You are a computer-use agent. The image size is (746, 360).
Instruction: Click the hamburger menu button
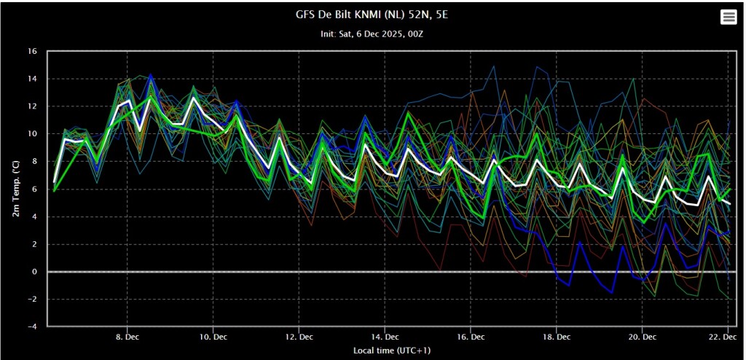pos(729,17)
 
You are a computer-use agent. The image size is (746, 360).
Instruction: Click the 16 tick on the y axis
pos(32,51)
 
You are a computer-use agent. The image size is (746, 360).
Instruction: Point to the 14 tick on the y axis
pos(32,79)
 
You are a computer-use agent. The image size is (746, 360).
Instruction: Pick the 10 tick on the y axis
pos(32,134)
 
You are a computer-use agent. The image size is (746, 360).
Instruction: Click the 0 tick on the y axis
pos(34,272)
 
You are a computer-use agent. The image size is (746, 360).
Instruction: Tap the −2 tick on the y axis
pos(32,300)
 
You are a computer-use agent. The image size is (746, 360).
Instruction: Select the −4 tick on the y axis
pos(32,327)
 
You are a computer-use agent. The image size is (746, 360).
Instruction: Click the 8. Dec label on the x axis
pos(127,337)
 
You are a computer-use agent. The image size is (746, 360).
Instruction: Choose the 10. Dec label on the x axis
pos(212,337)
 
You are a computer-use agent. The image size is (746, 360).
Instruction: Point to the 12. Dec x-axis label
pos(299,337)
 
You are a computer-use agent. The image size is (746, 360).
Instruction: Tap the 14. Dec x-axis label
pos(385,337)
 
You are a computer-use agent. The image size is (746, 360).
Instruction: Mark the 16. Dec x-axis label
pos(471,337)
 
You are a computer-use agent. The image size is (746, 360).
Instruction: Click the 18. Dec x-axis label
pos(557,337)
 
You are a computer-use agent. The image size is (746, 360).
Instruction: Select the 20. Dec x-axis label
pos(642,337)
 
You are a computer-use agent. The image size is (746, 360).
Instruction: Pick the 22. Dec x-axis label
pos(726,337)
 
